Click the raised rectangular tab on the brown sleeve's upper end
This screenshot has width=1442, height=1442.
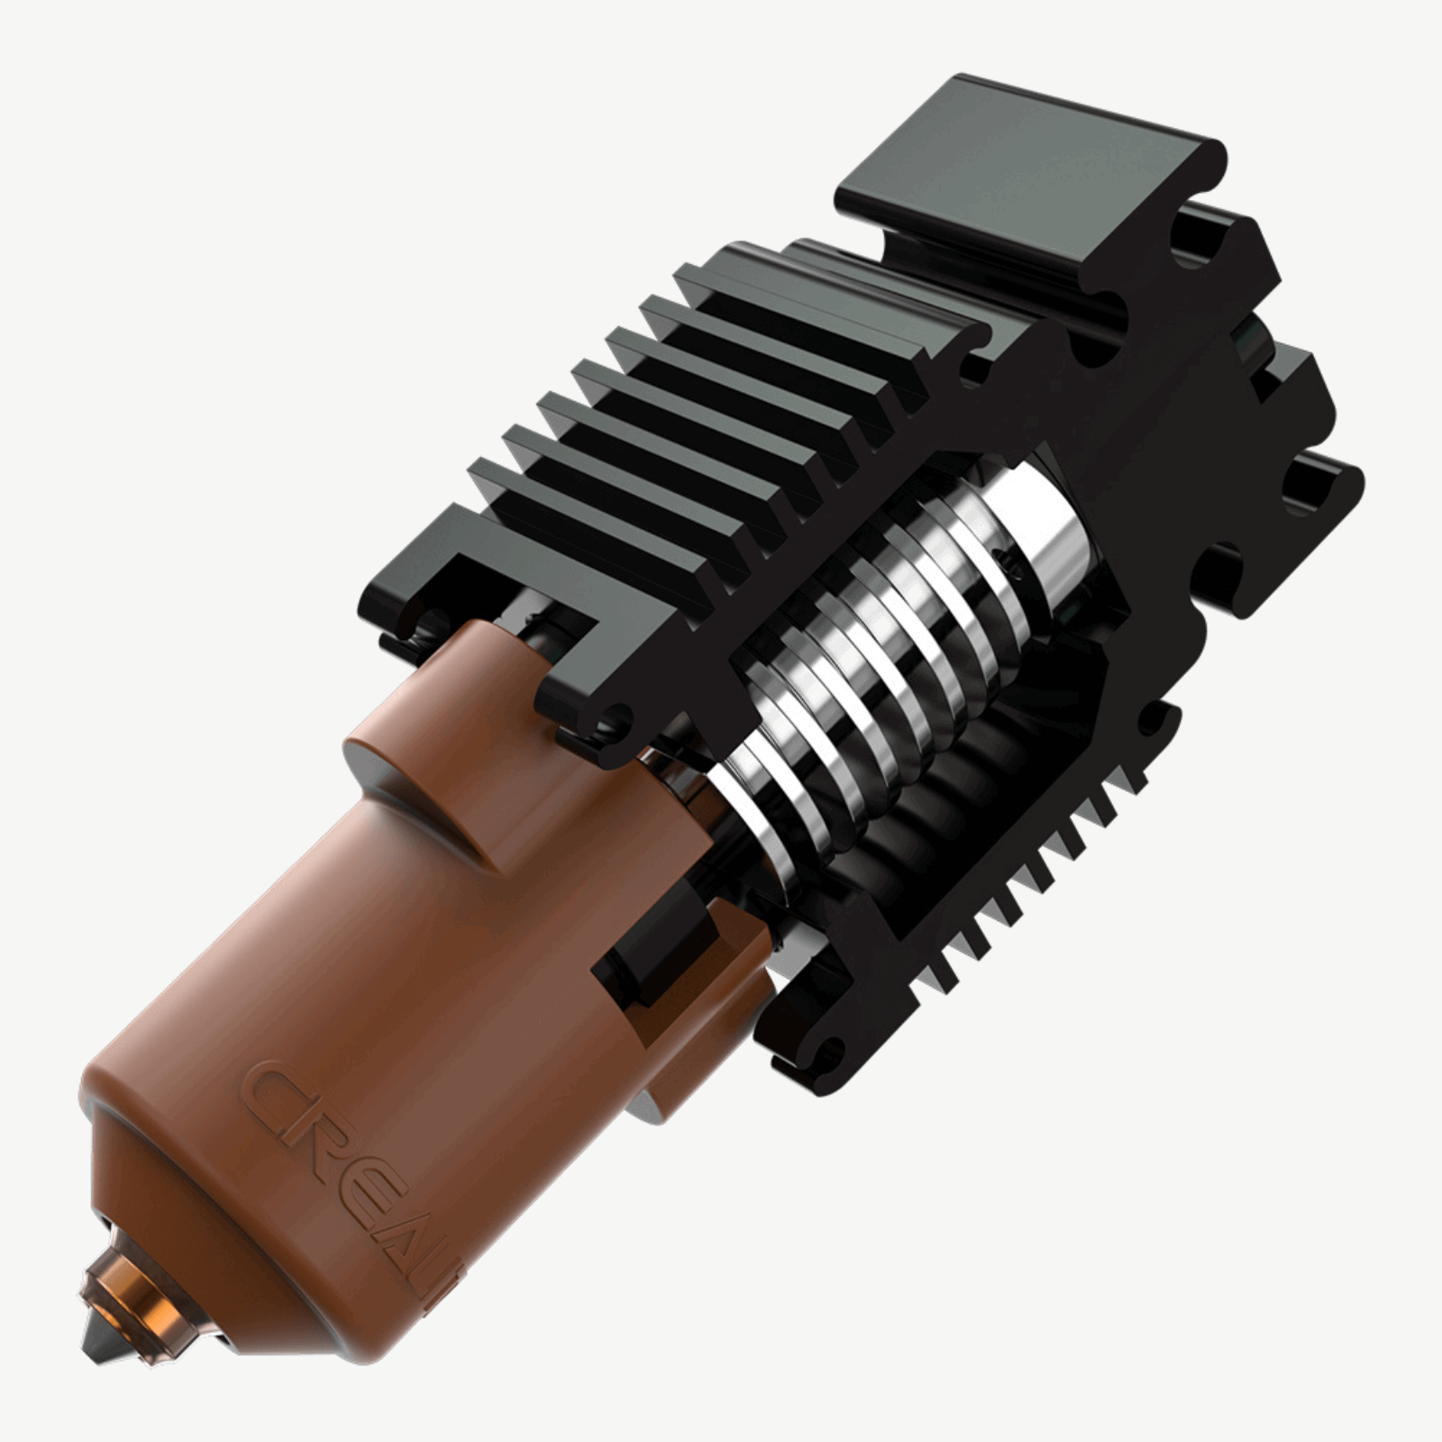[x=469, y=712]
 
